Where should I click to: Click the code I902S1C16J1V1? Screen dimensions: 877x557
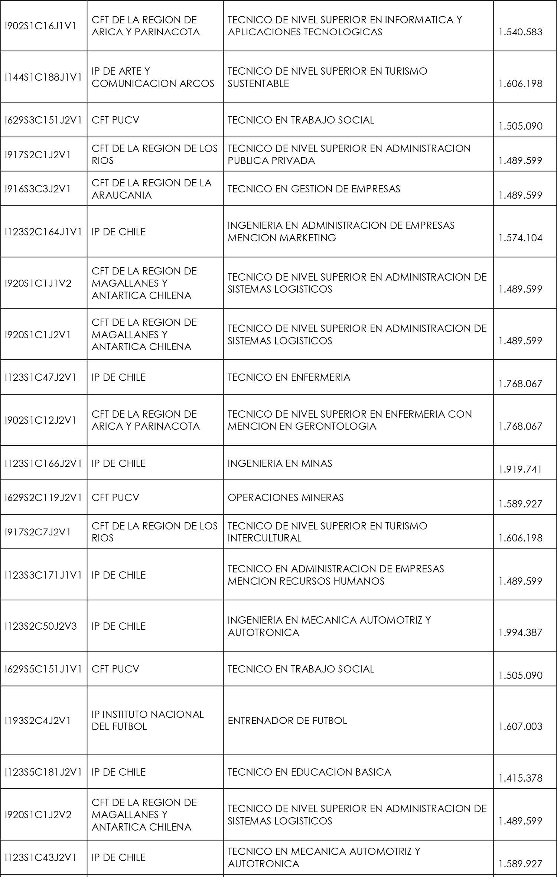pos(40,26)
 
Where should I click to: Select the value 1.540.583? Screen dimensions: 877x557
pos(520,32)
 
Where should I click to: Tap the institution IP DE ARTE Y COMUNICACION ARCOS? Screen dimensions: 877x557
pos(153,77)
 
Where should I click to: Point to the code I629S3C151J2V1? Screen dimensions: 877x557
pos(43,120)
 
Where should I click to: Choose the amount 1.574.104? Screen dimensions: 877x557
pos(520,238)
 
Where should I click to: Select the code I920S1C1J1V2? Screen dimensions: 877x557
pos(38,283)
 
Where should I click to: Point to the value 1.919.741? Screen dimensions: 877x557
pos(520,469)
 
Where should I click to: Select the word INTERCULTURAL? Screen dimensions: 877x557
pos(264,538)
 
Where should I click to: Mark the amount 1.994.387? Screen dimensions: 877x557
pos(520,632)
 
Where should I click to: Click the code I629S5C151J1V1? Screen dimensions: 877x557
pos(43,669)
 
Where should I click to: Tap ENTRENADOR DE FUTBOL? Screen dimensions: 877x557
pos(287,720)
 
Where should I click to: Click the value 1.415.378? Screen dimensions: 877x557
pos(520,778)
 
